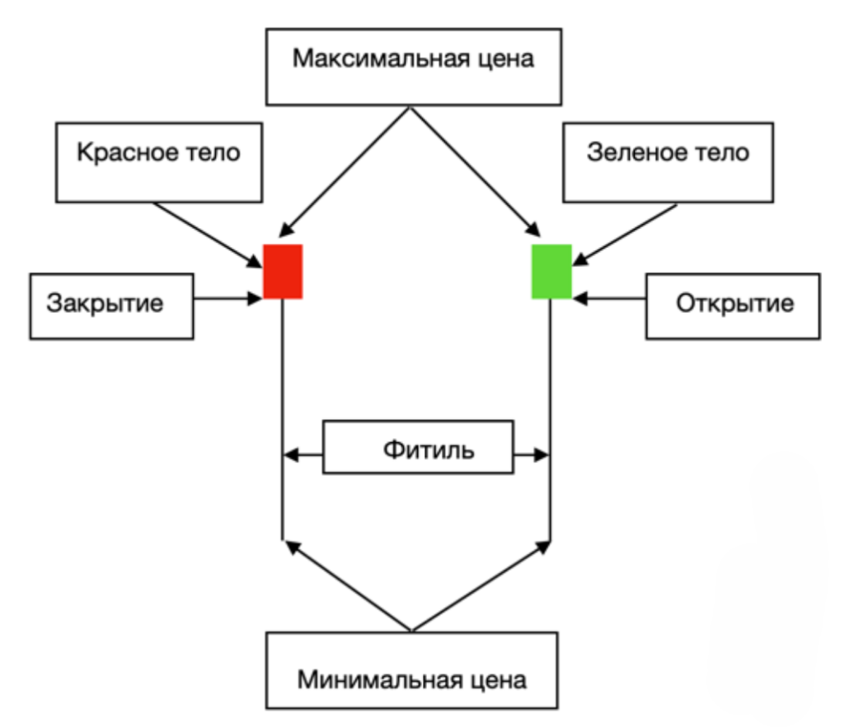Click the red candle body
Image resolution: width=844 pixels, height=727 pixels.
283,272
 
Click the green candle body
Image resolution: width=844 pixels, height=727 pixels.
551,272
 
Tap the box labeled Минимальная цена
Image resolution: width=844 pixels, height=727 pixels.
411,670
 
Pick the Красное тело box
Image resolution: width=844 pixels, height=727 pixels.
159,161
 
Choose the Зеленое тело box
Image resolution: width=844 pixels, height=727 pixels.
668,161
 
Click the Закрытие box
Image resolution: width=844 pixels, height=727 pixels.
111,306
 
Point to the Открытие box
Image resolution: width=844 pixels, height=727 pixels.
734,306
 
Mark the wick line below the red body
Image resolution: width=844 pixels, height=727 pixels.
283,412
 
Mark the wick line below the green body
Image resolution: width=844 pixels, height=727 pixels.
551,412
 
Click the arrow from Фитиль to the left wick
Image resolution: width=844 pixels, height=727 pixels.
302,453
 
